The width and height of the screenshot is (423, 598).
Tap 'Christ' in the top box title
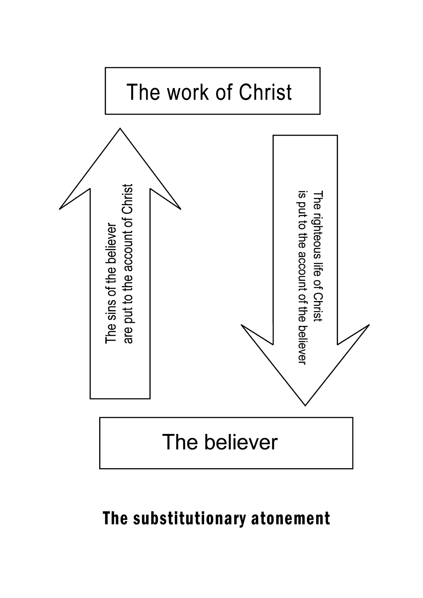click(266, 92)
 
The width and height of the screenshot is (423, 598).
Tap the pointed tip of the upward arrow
click(120, 129)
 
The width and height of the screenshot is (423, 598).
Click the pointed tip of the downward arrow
click(305, 405)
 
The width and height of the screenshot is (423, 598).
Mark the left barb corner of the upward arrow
click(60, 208)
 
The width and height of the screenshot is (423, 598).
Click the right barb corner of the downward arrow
click(369, 325)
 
